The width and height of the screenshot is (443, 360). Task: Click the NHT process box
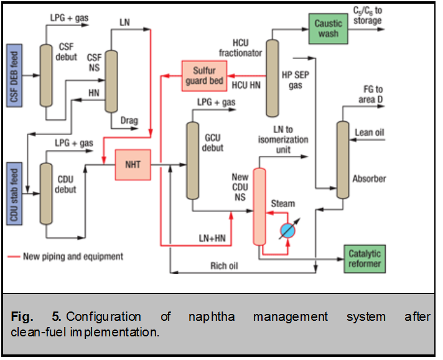[133, 165]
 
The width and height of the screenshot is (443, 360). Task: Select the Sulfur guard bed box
[204, 75]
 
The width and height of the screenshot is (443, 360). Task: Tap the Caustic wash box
[328, 28]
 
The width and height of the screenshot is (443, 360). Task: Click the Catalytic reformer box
[364, 258]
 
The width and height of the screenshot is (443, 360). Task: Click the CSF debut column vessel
[45, 75]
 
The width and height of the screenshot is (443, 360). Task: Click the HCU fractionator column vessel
[272, 78]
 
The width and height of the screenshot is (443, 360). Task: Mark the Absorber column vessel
[342, 160]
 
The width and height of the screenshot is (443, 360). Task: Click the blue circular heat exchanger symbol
[287, 229]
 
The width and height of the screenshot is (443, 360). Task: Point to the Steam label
[283, 203]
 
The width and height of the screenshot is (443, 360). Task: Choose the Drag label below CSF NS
[129, 121]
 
